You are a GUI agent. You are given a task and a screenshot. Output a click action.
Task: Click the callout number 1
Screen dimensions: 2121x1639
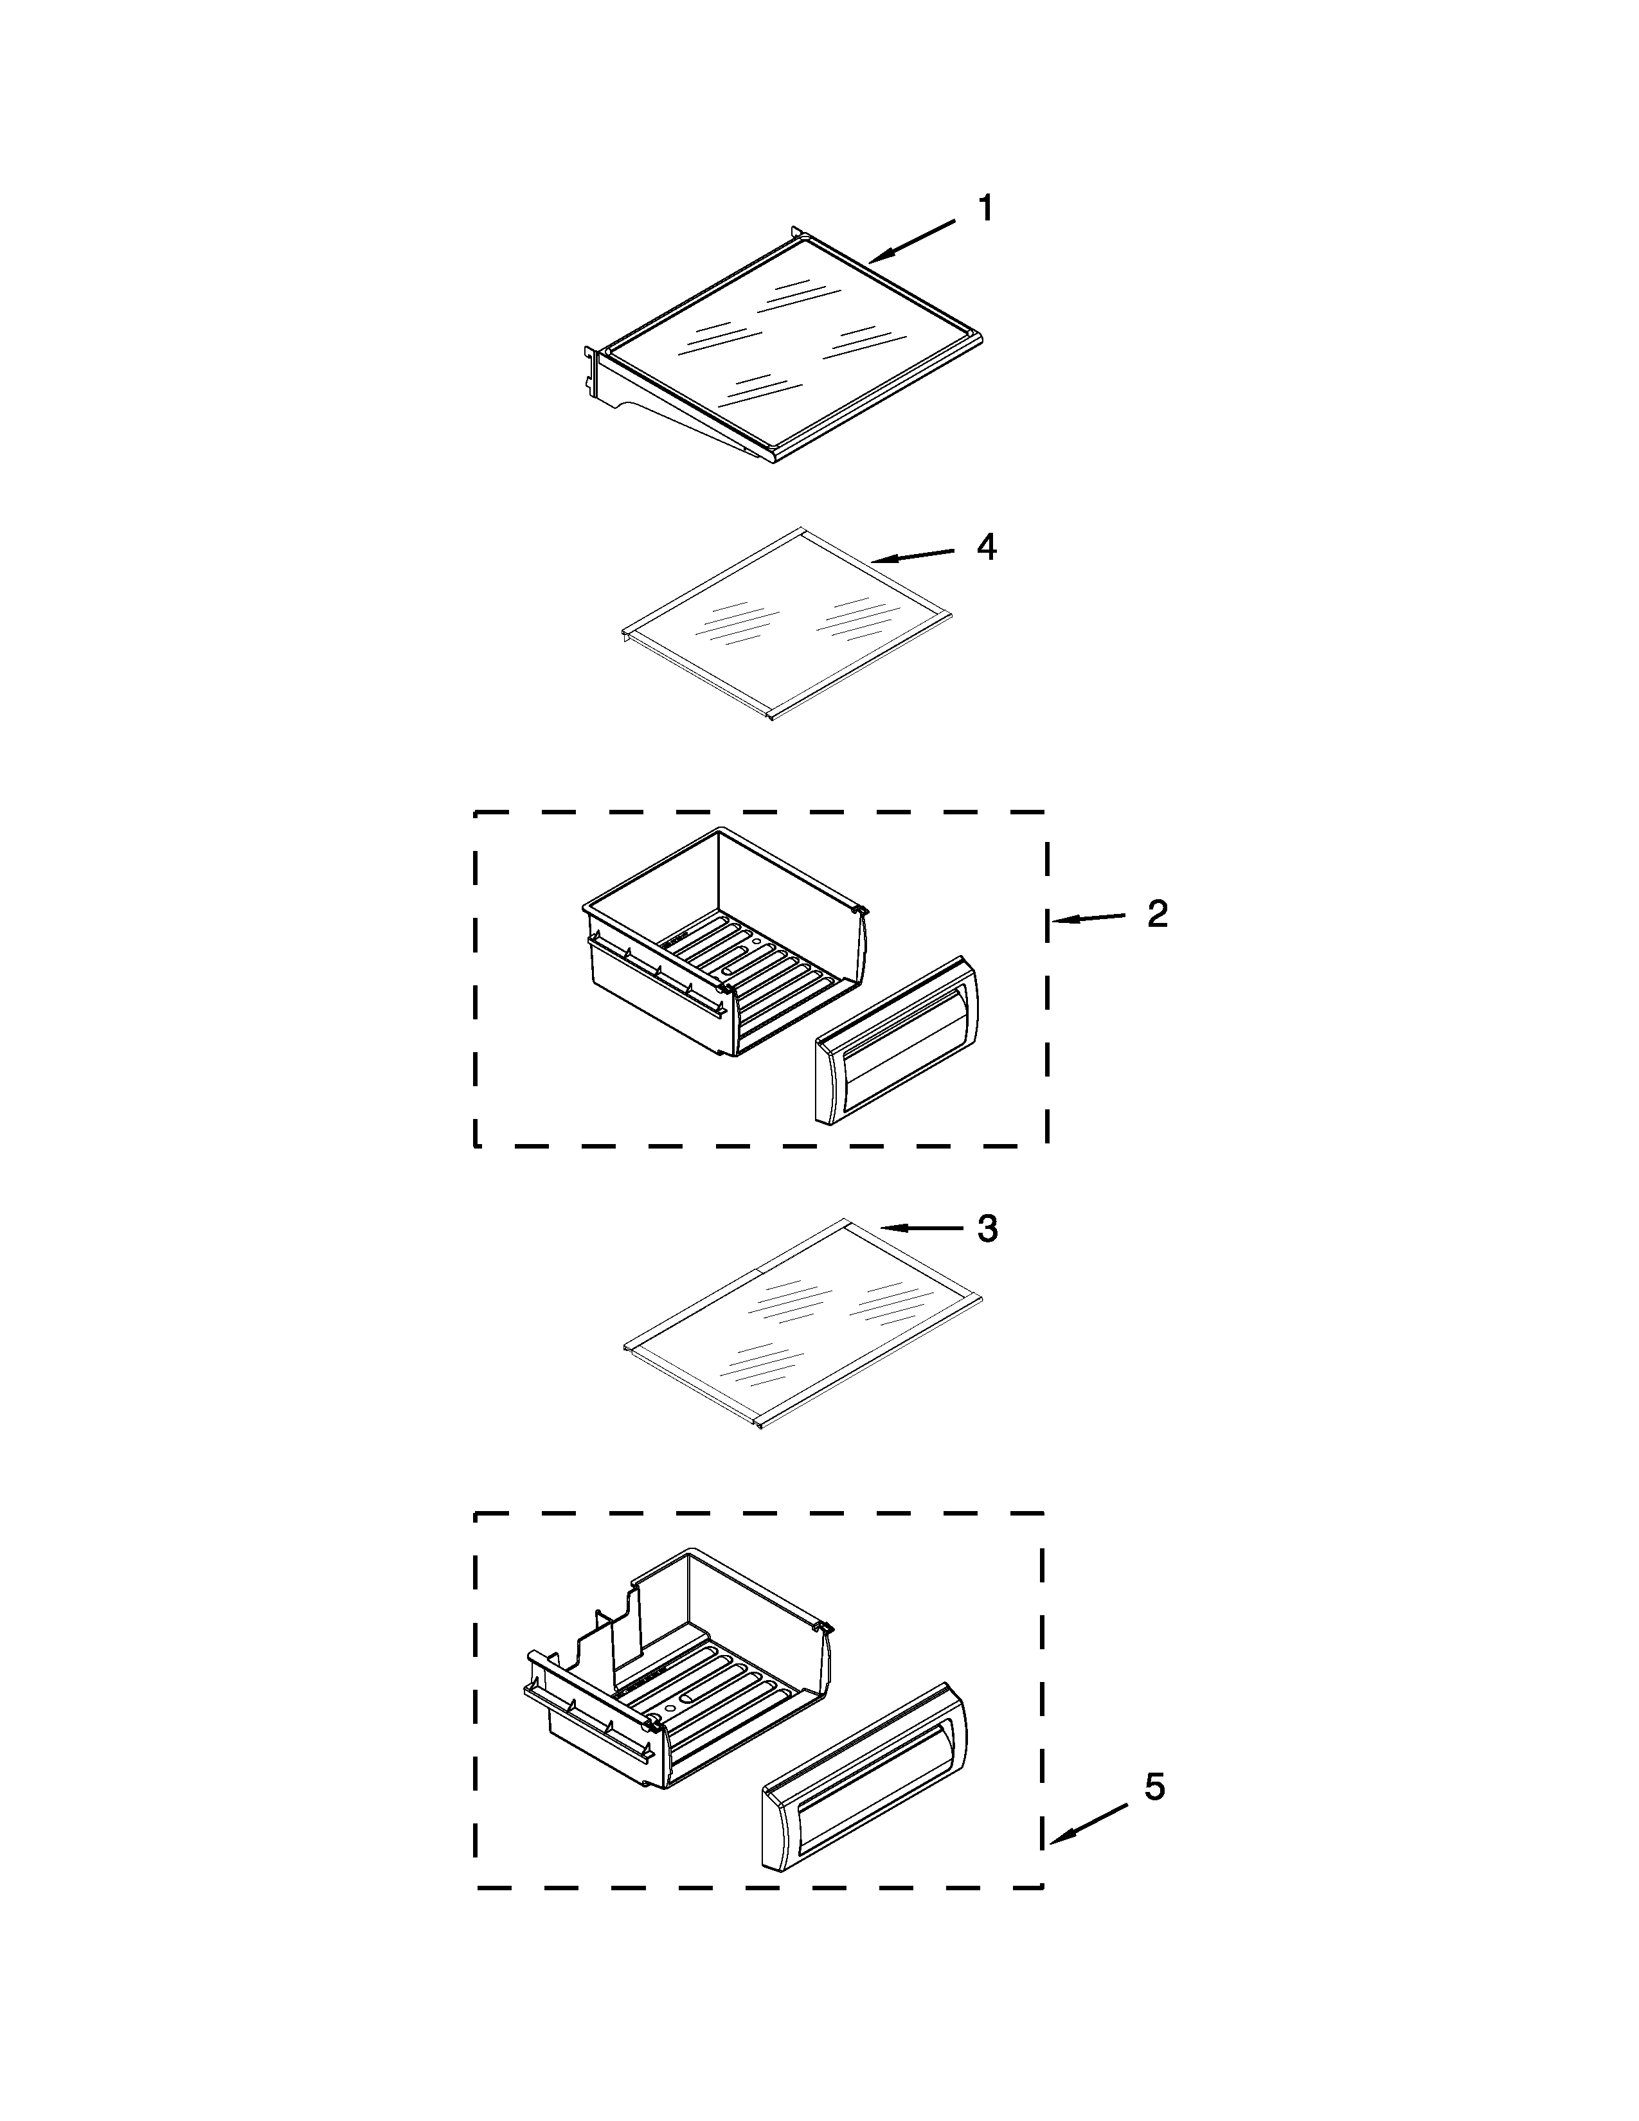(985, 209)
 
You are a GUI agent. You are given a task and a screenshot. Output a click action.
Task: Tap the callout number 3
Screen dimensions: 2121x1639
(987, 1228)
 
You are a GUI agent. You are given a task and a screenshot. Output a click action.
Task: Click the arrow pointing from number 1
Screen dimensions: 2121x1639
(913, 242)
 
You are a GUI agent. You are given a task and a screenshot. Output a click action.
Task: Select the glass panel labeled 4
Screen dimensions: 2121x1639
(787, 622)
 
